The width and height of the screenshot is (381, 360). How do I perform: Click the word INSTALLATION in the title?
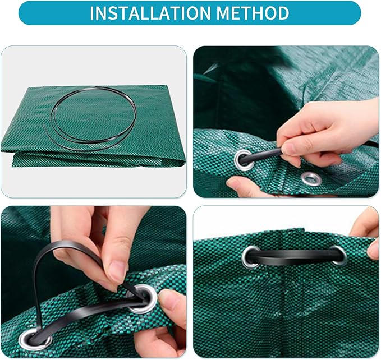150,13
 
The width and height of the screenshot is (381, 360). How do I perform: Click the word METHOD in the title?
253,13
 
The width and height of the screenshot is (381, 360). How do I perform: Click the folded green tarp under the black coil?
93,126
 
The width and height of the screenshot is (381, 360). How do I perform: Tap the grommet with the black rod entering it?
244,160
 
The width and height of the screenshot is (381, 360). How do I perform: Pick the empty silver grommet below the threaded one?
311,179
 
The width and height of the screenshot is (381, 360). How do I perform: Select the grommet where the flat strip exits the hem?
35,338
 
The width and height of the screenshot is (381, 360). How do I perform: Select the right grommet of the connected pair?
338,255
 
